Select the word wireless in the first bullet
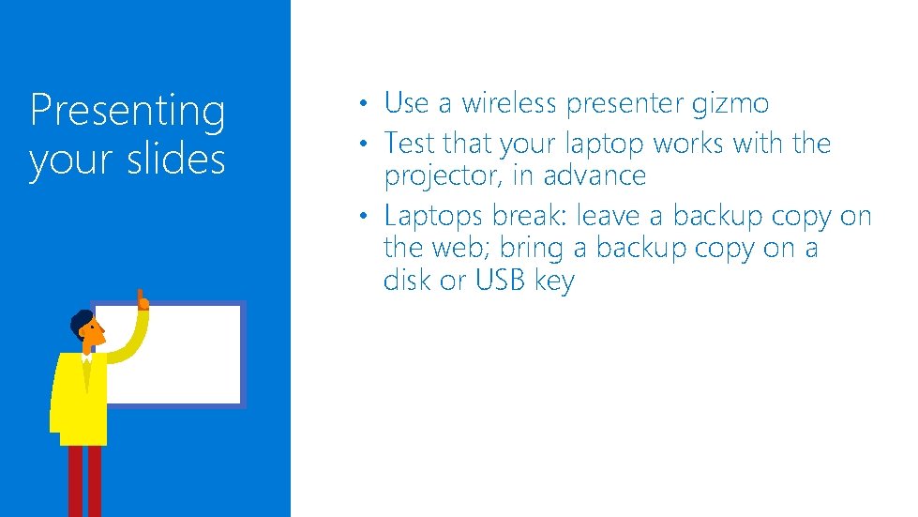pyautogui.click(x=508, y=102)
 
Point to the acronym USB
pyautogui.click(x=502, y=280)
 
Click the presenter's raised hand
pyautogui.click(x=143, y=299)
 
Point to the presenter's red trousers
pyautogui.click(x=83, y=479)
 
